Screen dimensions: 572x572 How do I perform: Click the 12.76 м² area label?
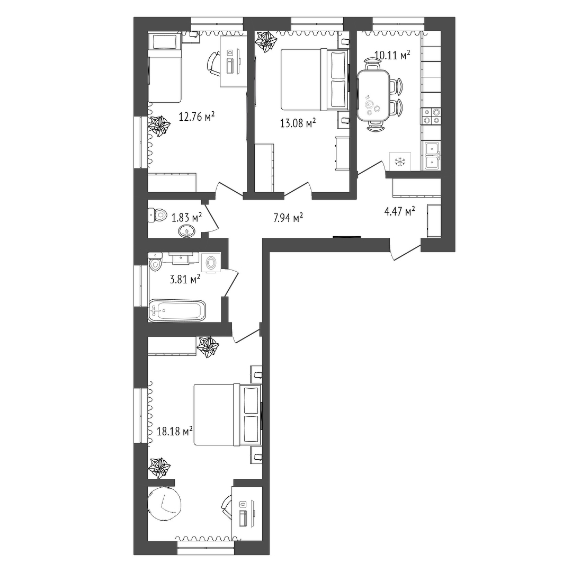[x=196, y=117]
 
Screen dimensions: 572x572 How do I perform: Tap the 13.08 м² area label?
[x=298, y=123]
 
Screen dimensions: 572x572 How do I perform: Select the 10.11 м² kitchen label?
[x=392, y=56]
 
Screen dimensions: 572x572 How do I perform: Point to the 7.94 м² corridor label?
[x=288, y=218]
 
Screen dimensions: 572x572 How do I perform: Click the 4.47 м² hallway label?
[x=399, y=211]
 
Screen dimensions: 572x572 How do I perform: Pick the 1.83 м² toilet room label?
[x=187, y=218]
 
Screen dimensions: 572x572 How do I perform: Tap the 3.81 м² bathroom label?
[x=185, y=280]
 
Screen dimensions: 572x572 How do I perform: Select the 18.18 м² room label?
[x=175, y=432]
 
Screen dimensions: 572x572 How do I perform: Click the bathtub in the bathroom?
[x=177, y=310]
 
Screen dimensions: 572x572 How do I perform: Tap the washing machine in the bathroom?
[x=211, y=262]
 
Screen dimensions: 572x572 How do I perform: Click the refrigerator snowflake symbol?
[x=400, y=161]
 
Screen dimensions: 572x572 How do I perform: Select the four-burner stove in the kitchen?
[x=431, y=116]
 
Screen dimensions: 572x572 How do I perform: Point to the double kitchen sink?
[x=432, y=156]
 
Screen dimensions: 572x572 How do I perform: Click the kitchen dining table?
[x=373, y=95]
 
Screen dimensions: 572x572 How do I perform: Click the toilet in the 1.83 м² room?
[x=157, y=215]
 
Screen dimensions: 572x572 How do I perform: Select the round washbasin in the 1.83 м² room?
[x=187, y=231]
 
